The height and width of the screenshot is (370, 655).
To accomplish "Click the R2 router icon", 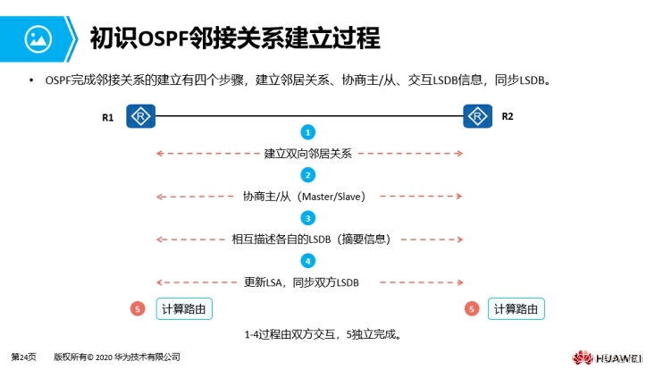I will click(478, 116).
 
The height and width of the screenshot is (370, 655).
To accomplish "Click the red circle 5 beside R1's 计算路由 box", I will click(138, 309).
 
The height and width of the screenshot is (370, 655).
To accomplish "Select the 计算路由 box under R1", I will click(185, 309).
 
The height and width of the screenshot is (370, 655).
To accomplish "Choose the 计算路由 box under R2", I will click(517, 309).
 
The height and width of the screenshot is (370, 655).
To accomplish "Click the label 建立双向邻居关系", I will click(308, 154).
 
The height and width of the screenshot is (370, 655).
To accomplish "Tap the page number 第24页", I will click(24, 357).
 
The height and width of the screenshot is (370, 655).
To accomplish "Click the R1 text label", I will click(107, 116).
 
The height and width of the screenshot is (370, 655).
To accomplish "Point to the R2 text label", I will click(507, 116).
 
